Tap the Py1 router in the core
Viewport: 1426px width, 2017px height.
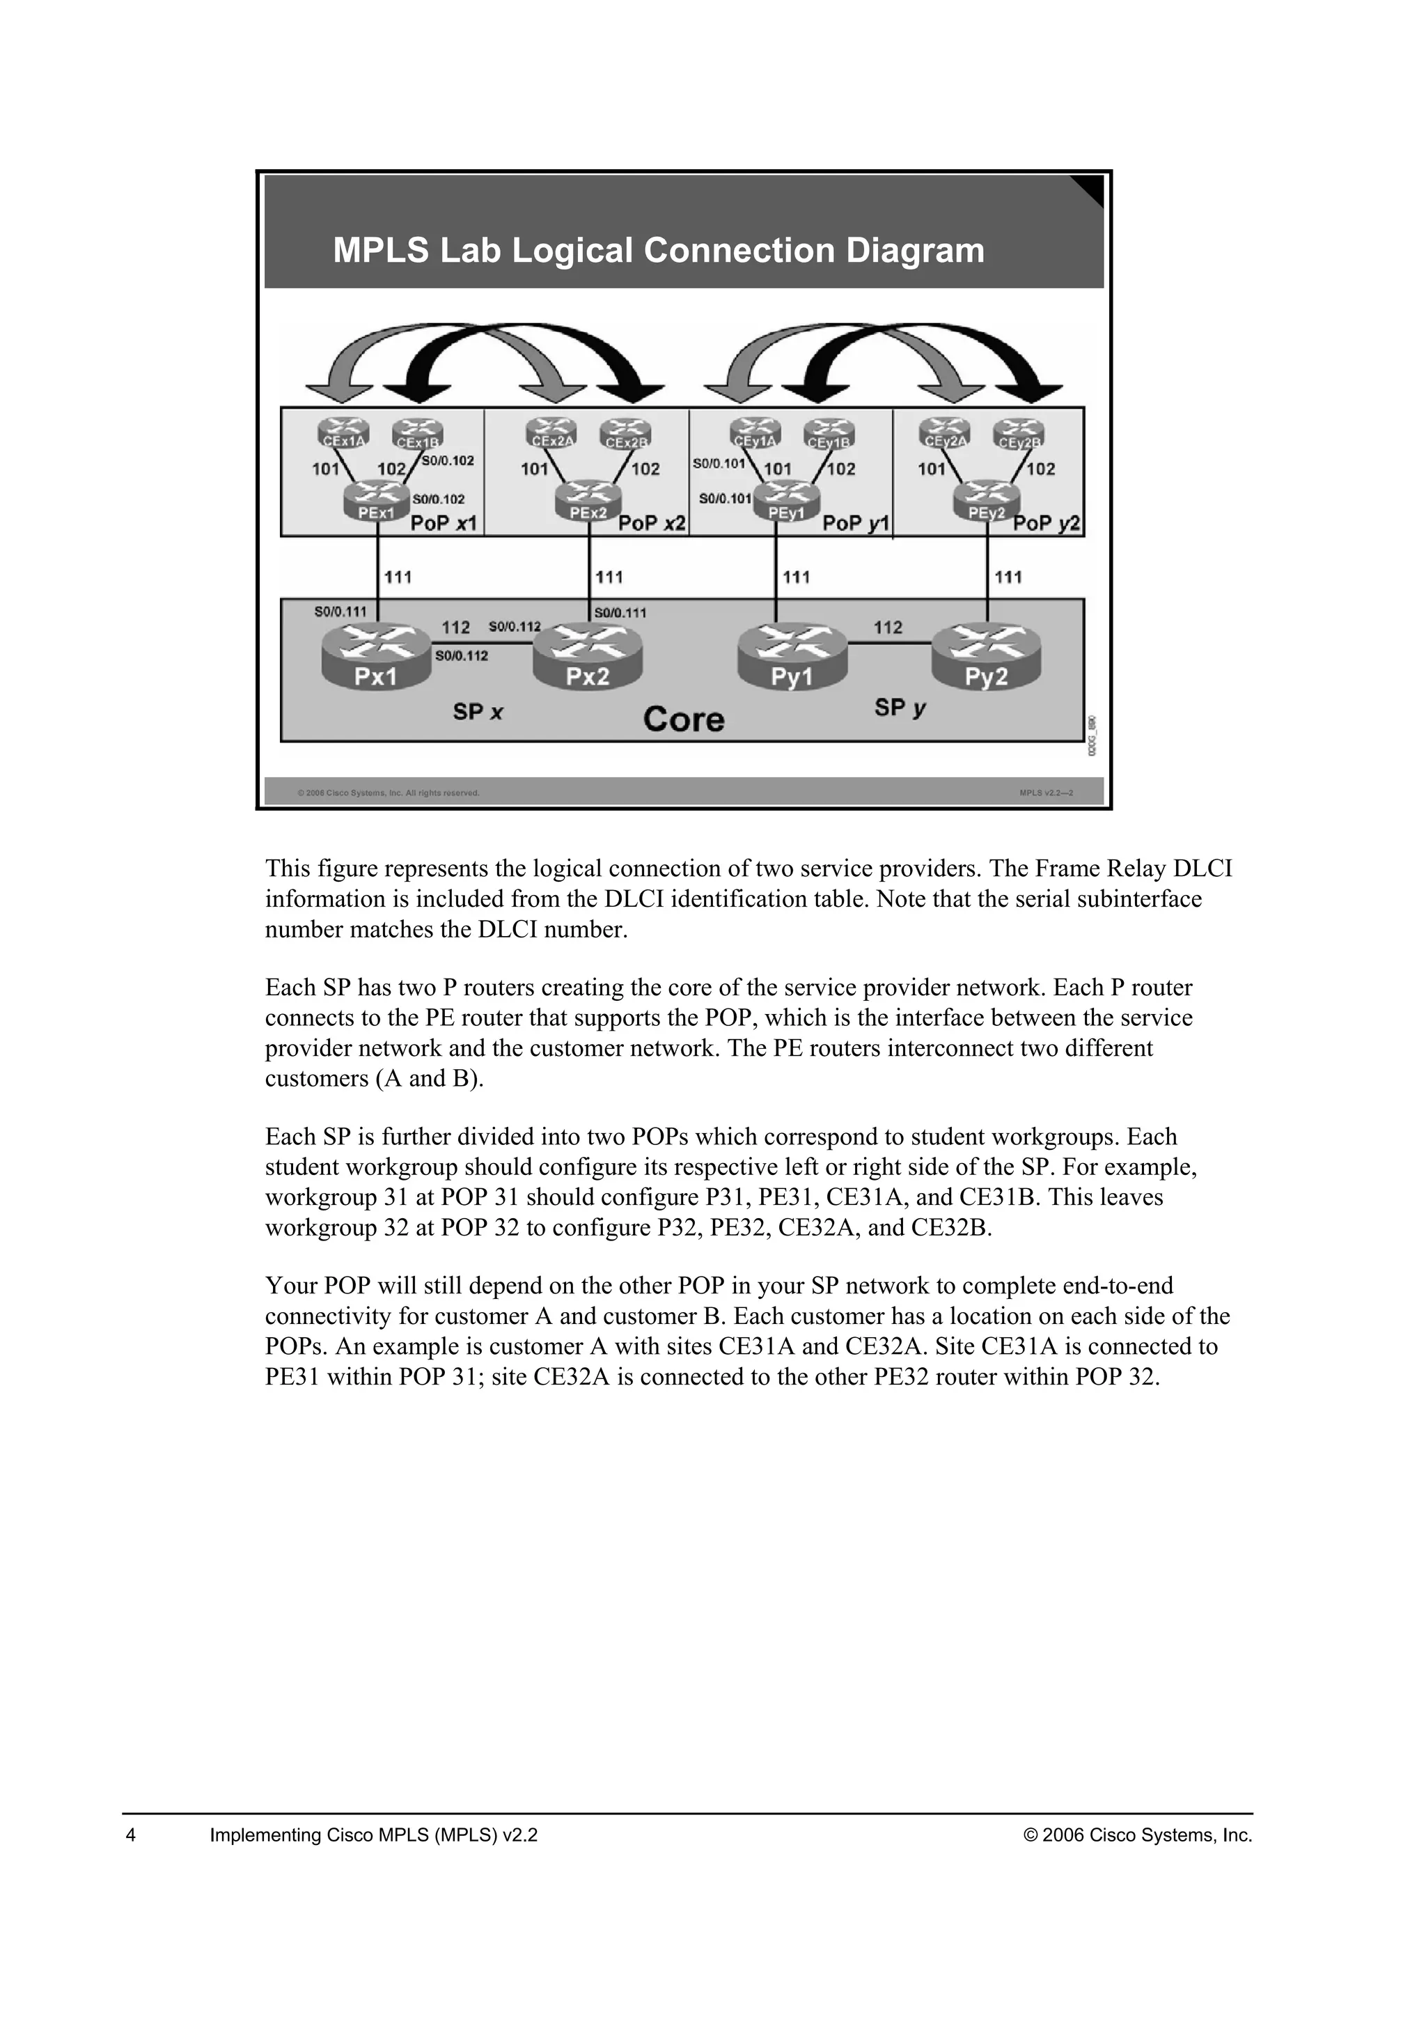click(792, 656)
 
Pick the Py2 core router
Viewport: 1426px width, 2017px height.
click(986, 656)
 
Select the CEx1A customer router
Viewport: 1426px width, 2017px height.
click(343, 433)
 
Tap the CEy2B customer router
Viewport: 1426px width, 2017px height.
click(1019, 434)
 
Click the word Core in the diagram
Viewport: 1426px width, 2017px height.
click(683, 719)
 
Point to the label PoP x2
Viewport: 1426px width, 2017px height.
click(652, 524)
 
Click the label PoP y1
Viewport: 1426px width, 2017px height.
click(855, 524)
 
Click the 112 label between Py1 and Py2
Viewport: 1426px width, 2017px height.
click(888, 628)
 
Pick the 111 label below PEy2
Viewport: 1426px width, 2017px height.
click(1008, 577)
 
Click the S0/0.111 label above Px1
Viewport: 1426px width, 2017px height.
click(340, 612)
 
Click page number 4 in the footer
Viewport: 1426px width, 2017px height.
click(131, 1835)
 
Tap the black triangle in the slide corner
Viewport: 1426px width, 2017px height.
click(1090, 188)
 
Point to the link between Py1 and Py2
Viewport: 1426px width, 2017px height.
click(888, 644)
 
